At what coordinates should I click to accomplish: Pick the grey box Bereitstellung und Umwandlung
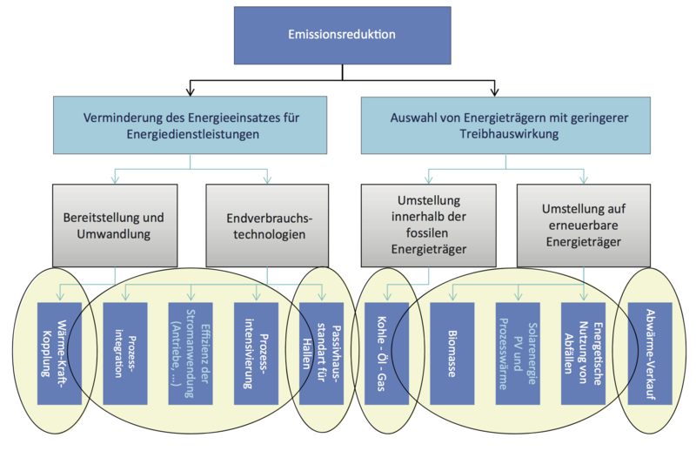point(115,224)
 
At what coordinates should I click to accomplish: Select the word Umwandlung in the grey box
point(116,235)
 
